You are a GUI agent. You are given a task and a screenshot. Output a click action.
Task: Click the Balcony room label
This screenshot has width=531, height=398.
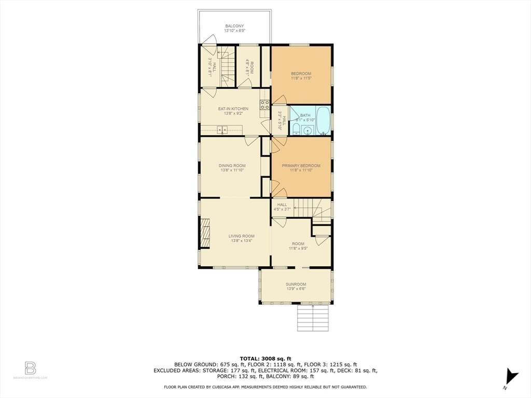pyautogui.click(x=234, y=26)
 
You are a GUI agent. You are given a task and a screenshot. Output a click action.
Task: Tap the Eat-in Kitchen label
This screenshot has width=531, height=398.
pyautogui.click(x=233, y=109)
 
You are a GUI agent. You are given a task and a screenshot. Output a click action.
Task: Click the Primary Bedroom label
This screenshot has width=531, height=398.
pyautogui.click(x=301, y=166)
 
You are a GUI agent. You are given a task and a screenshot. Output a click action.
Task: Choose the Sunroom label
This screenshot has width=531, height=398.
pyautogui.click(x=296, y=284)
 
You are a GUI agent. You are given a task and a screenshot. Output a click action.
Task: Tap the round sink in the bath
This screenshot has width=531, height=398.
pyautogui.click(x=307, y=130)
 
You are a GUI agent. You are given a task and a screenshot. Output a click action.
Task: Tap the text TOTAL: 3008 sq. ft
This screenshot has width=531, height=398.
pyautogui.click(x=265, y=359)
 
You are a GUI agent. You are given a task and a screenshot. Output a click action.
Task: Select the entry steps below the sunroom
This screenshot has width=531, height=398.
pyautogui.click(x=313, y=318)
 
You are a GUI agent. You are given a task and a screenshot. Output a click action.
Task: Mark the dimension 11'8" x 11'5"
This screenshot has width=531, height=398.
pyautogui.click(x=301, y=78)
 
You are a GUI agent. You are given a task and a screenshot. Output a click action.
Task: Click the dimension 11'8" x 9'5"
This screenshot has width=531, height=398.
pyautogui.click(x=298, y=248)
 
